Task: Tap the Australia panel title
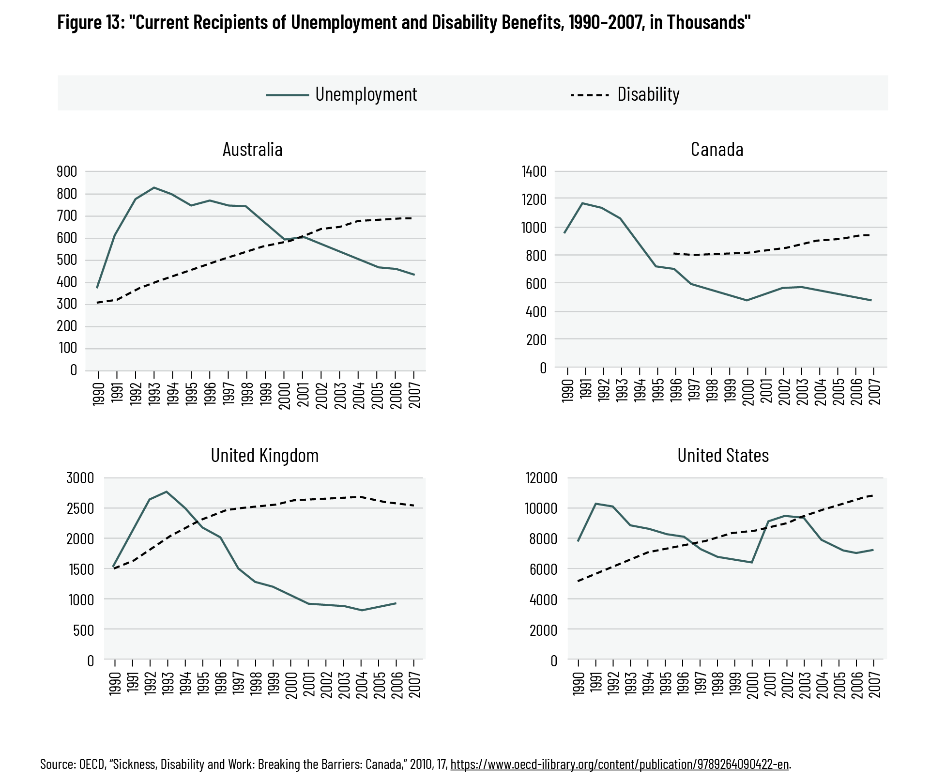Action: tap(252, 149)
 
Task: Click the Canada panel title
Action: tap(717, 149)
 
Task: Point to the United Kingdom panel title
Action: tap(264, 455)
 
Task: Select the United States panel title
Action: tap(723, 455)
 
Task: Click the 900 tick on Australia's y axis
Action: tap(67, 171)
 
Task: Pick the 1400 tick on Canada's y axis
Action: tap(534, 171)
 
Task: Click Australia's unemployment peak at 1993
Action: tap(154, 187)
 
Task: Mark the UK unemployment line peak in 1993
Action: tap(167, 491)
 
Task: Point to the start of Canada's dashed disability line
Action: tap(673, 253)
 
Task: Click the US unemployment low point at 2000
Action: tap(751, 562)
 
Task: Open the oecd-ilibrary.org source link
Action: tap(620, 764)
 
